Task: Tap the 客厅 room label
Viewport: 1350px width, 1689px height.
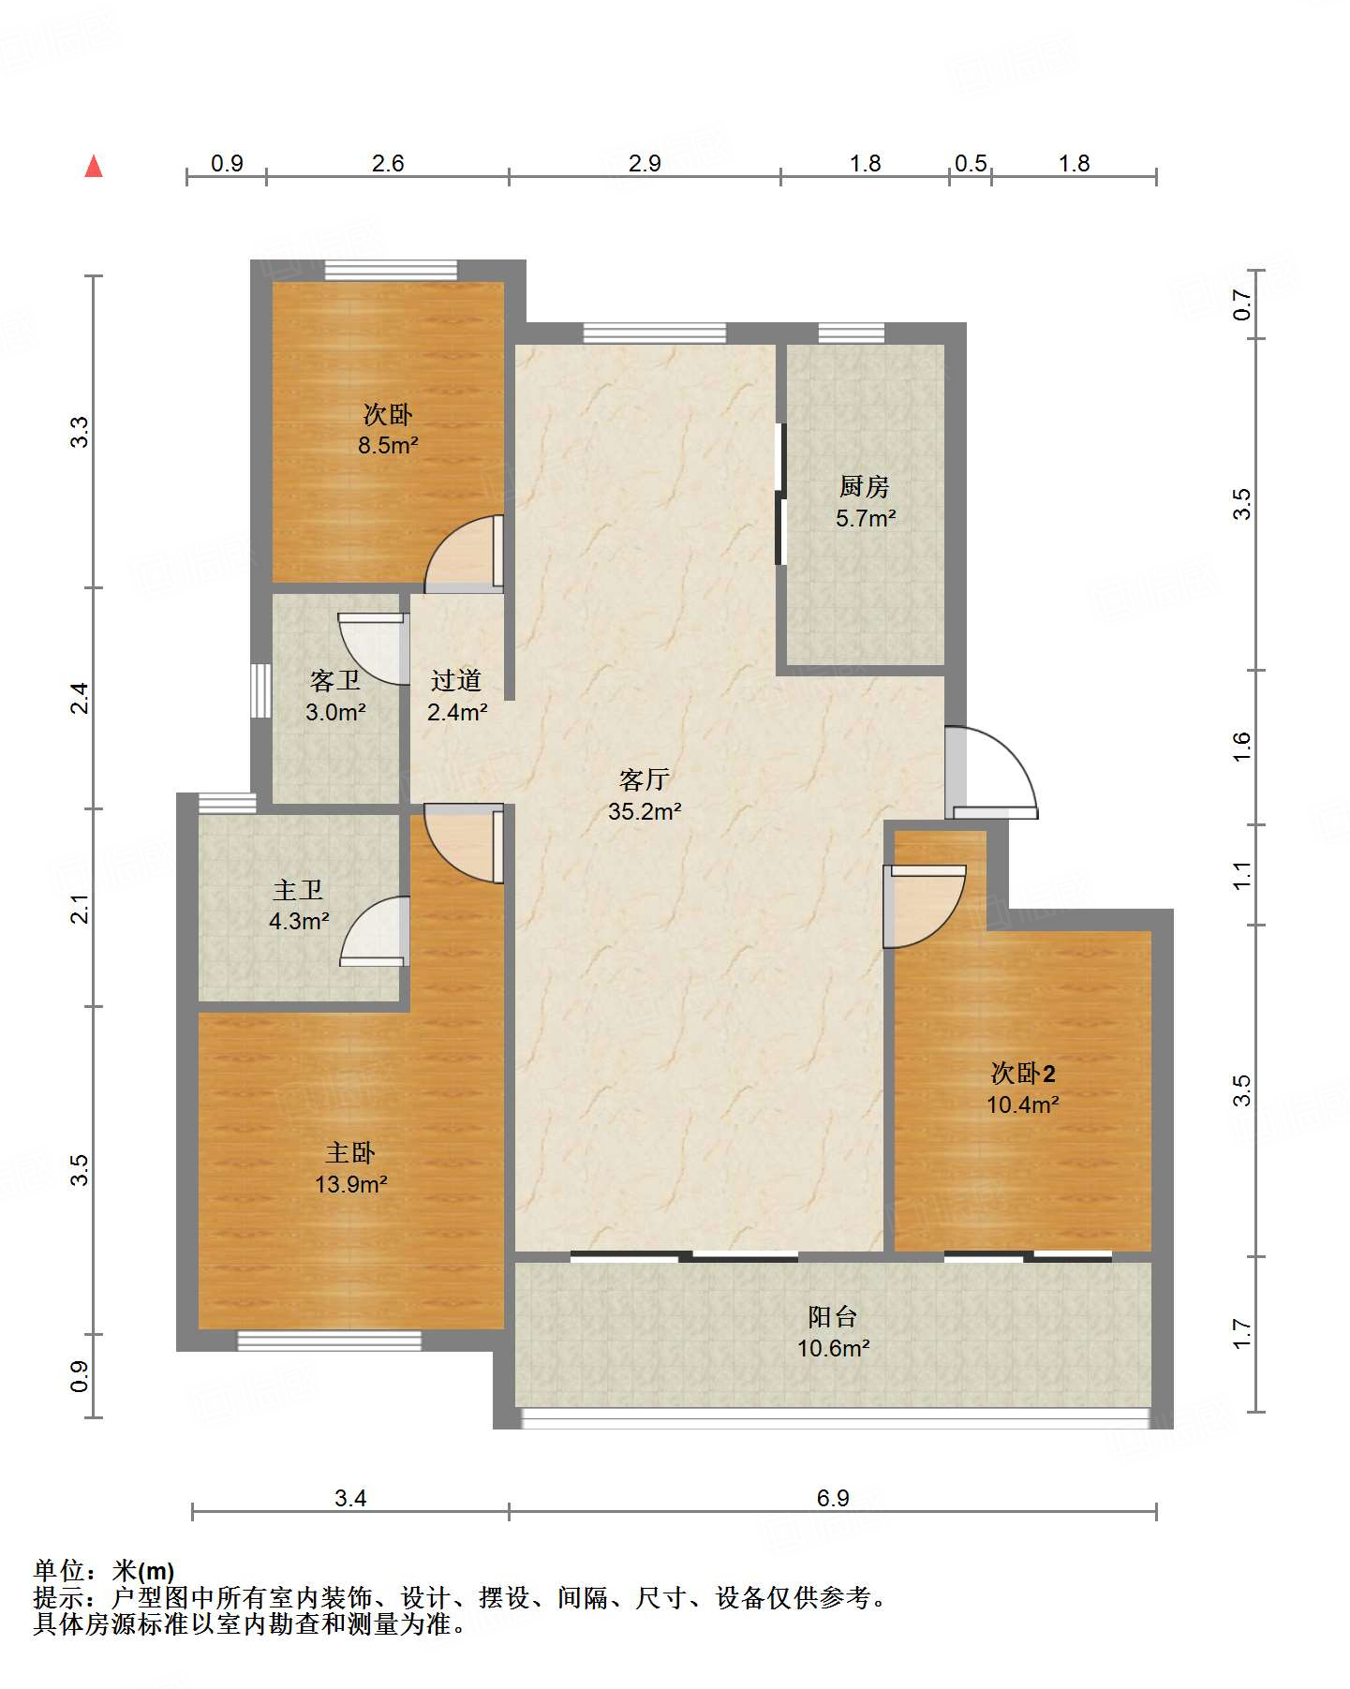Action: click(645, 779)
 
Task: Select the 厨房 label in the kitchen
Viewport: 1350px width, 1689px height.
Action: click(864, 486)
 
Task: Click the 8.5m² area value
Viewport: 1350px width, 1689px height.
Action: click(388, 446)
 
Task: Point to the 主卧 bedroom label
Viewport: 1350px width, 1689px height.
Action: click(350, 1152)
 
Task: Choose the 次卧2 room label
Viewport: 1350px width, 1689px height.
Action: click(1023, 1073)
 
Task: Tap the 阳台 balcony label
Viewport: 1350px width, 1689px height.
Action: click(833, 1316)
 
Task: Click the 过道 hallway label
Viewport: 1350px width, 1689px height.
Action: click(456, 680)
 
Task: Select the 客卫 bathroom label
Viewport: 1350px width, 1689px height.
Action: click(334, 680)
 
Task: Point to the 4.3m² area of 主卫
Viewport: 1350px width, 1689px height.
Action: click(299, 922)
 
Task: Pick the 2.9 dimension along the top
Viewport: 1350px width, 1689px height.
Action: click(645, 163)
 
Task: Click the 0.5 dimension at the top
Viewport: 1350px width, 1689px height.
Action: click(971, 163)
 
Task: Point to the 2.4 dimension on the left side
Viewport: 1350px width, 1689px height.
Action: click(81, 698)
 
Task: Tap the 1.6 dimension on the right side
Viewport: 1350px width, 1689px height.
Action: click(1241, 747)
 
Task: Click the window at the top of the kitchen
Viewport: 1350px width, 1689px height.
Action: click(851, 333)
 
